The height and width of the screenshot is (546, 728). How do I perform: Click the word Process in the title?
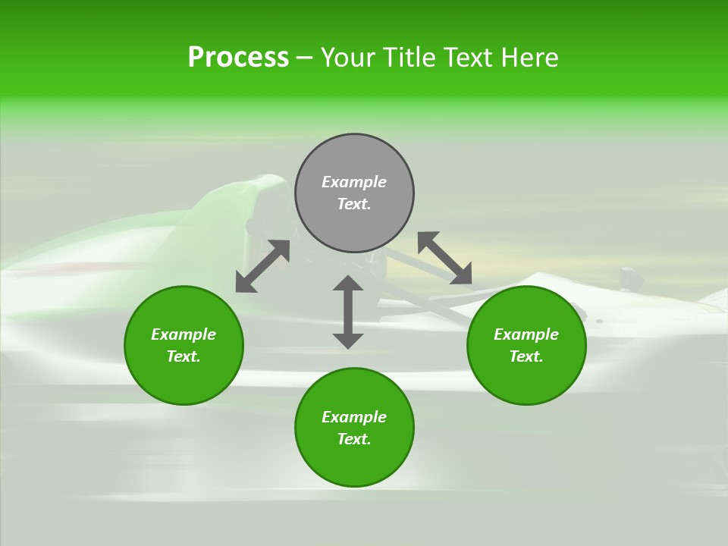click(x=238, y=58)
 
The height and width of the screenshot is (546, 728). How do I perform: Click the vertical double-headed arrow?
click(x=348, y=312)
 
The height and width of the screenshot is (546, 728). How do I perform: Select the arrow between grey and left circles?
click(x=262, y=266)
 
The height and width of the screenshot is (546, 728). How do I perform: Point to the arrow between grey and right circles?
click(x=444, y=258)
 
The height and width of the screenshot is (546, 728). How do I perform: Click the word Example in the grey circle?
click(x=354, y=182)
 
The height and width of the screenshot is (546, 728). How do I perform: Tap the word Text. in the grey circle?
click(x=354, y=204)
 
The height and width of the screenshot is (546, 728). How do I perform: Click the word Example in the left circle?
click(x=184, y=334)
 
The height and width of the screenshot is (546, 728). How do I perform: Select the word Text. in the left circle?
click(x=184, y=356)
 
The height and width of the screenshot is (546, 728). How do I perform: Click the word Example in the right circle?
click(x=526, y=334)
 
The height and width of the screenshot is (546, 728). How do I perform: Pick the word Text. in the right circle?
click(x=526, y=356)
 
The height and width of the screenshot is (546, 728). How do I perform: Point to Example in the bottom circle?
click(x=354, y=417)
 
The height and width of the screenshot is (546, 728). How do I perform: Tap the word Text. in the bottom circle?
click(x=354, y=439)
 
